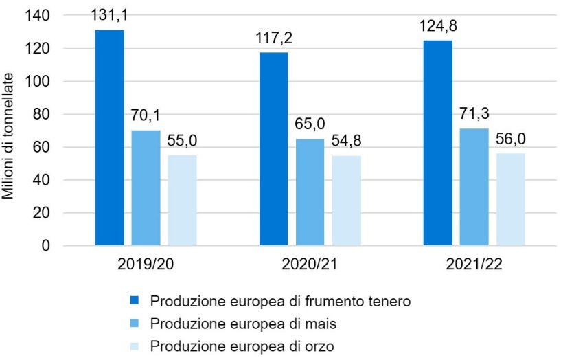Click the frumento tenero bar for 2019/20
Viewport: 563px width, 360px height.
pos(109,137)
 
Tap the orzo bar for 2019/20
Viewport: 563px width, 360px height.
pos(182,200)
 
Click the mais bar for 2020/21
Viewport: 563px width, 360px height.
pos(310,192)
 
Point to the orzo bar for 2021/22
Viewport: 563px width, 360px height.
pos(510,199)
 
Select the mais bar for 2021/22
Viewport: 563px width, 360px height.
pos(474,187)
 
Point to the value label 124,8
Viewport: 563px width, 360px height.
pos(437,27)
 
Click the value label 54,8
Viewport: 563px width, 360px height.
pos(346,142)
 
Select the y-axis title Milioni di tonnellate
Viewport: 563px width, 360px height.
pos(10,131)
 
